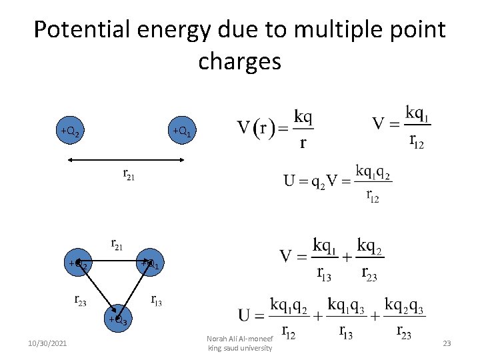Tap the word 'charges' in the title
pos(239,61)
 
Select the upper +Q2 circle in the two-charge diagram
pos(71,131)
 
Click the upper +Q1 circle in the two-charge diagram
pos(182,131)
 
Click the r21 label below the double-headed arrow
pos(129,175)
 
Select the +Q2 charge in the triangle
pos(79,264)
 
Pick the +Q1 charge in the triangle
pos(151,264)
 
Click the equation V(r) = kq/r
pos(275,128)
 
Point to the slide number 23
pos(447,343)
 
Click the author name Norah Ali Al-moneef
pos(240,339)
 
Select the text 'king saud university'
pos(240,348)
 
